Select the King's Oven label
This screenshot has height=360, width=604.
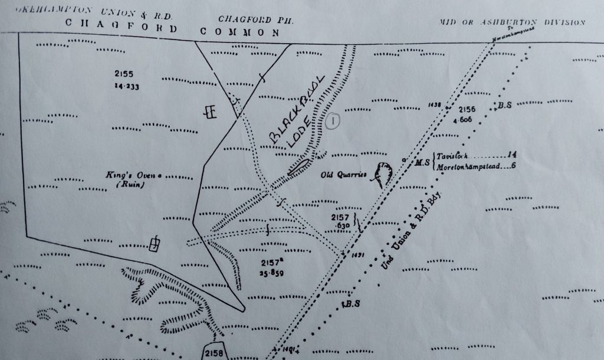[123, 175]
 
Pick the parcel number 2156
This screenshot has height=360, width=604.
[467, 109]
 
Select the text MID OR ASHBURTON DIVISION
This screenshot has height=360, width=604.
[511, 22]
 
